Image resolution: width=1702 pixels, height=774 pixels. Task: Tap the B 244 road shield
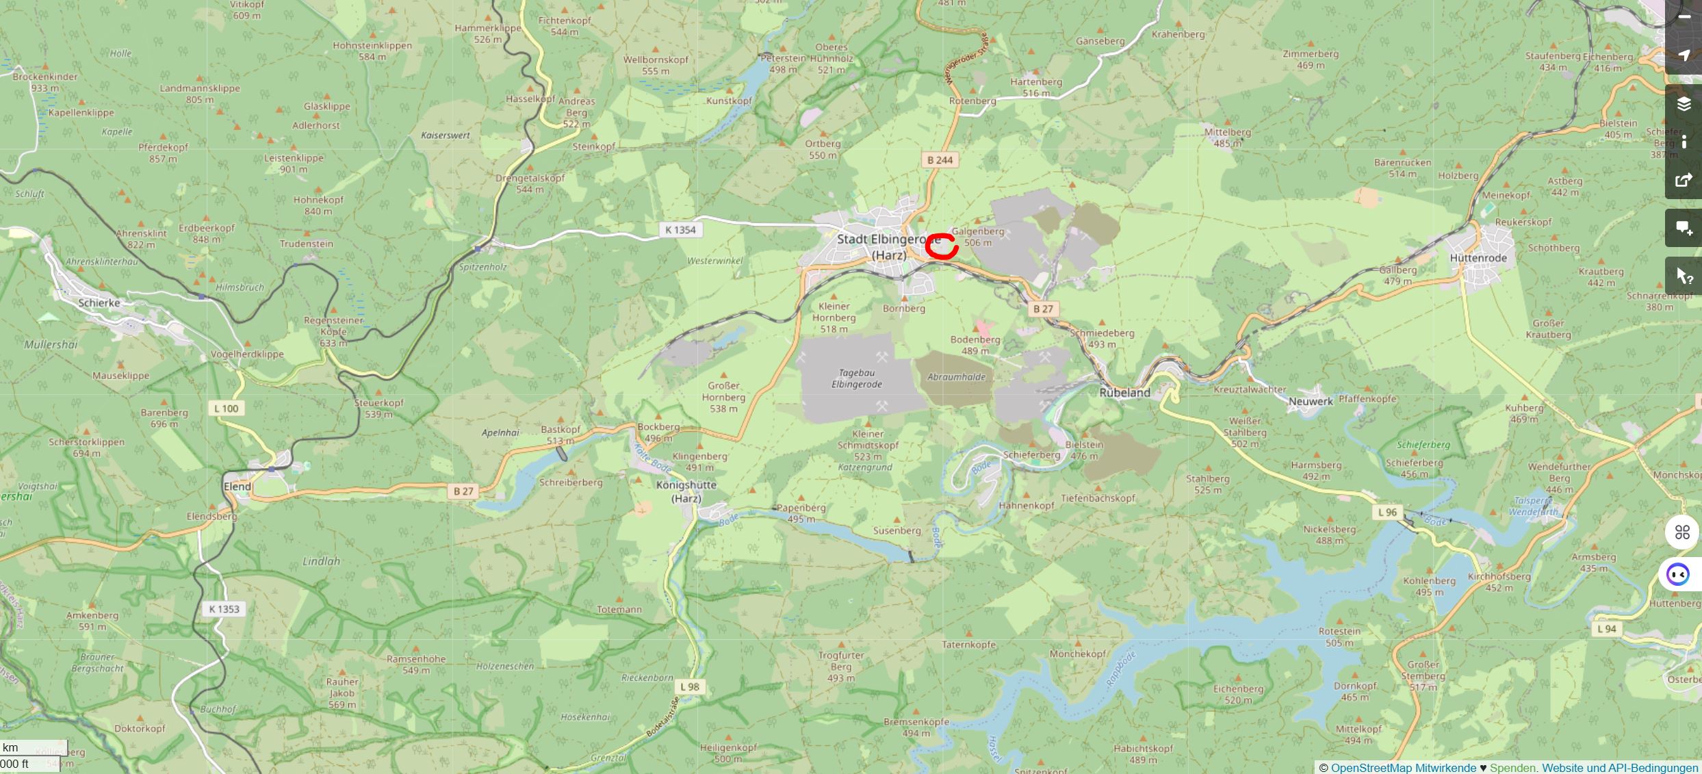(x=940, y=160)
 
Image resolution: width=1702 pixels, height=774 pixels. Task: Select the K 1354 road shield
(x=680, y=230)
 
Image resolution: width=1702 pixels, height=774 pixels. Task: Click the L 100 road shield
(x=226, y=409)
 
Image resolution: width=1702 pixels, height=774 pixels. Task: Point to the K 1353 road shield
(x=224, y=609)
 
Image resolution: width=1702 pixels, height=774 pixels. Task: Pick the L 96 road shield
(x=1387, y=513)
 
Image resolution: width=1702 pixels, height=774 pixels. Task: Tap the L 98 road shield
(x=690, y=687)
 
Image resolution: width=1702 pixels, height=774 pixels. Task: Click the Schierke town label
(x=99, y=302)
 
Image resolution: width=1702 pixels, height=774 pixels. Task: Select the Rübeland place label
(x=1124, y=393)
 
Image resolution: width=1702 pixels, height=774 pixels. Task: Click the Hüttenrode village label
(x=1478, y=258)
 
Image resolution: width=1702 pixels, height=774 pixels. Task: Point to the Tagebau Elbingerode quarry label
(x=856, y=378)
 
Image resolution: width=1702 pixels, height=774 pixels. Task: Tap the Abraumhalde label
(x=956, y=377)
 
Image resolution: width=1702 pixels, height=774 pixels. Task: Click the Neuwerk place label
(x=1311, y=402)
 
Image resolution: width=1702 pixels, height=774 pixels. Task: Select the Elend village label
(x=237, y=487)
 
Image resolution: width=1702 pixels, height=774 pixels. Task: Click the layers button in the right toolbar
(x=1684, y=104)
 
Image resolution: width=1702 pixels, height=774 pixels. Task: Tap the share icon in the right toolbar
(x=1684, y=181)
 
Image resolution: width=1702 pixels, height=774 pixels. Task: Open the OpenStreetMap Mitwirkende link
(x=1403, y=768)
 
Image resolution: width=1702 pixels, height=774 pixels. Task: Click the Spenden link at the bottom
(x=1512, y=768)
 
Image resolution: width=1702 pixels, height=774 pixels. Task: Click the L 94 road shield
(x=1606, y=629)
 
